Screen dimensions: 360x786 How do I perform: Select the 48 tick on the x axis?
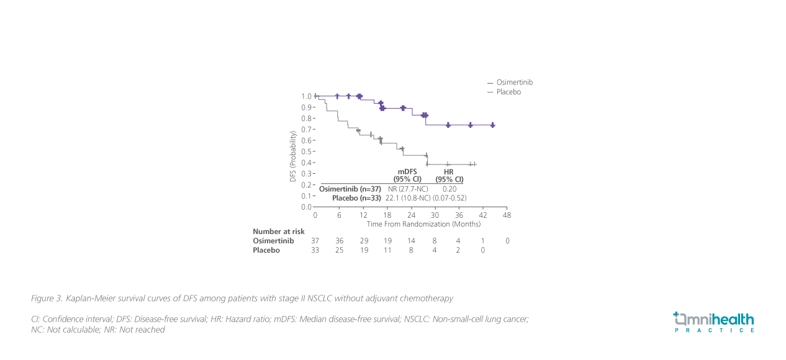click(507, 215)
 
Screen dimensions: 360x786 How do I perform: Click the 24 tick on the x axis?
click(411, 215)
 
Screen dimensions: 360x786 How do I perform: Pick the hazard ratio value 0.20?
click(449, 188)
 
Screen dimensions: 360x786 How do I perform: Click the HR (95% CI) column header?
click(449, 175)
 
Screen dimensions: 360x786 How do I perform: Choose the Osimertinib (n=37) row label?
click(350, 188)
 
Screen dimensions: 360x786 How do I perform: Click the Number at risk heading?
click(279, 232)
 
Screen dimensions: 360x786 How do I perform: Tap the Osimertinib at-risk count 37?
click(315, 241)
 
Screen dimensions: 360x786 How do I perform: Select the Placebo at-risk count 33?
click(315, 250)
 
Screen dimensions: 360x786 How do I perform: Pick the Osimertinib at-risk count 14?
click(411, 241)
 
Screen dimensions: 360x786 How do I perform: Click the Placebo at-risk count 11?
click(387, 250)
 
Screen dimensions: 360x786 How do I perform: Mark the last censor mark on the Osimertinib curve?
click(492, 125)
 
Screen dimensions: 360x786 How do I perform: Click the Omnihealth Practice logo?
click(713, 322)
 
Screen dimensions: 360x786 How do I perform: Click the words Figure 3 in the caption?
click(47, 299)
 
